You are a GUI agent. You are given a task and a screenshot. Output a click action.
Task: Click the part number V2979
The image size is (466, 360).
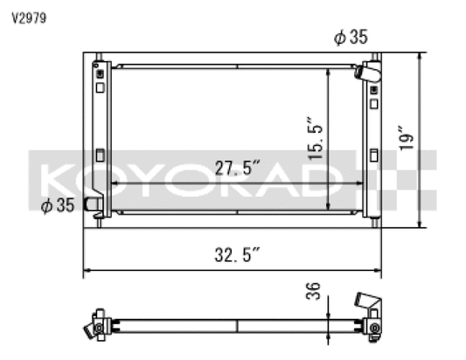pyautogui.click(x=29, y=18)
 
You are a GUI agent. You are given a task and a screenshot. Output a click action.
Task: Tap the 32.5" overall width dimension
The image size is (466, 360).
pyautogui.click(x=237, y=255)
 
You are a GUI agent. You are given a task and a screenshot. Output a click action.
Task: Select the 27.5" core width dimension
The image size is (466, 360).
pyautogui.click(x=237, y=168)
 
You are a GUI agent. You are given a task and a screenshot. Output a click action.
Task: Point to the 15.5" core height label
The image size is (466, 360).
pyautogui.click(x=315, y=138)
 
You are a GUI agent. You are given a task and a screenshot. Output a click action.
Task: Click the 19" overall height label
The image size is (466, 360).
pyautogui.click(x=407, y=138)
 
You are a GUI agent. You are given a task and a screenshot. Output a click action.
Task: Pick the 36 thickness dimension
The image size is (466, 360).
pyautogui.click(x=313, y=291)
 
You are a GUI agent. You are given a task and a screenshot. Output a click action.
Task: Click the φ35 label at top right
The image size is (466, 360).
pyautogui.click(x=351, y=37)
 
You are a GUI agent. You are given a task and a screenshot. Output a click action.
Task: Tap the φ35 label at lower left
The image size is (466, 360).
pyautogui.click(x=58, y=205)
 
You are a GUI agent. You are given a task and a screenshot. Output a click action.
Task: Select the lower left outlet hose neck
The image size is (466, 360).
pyautogui.click(x=92, y=204)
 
